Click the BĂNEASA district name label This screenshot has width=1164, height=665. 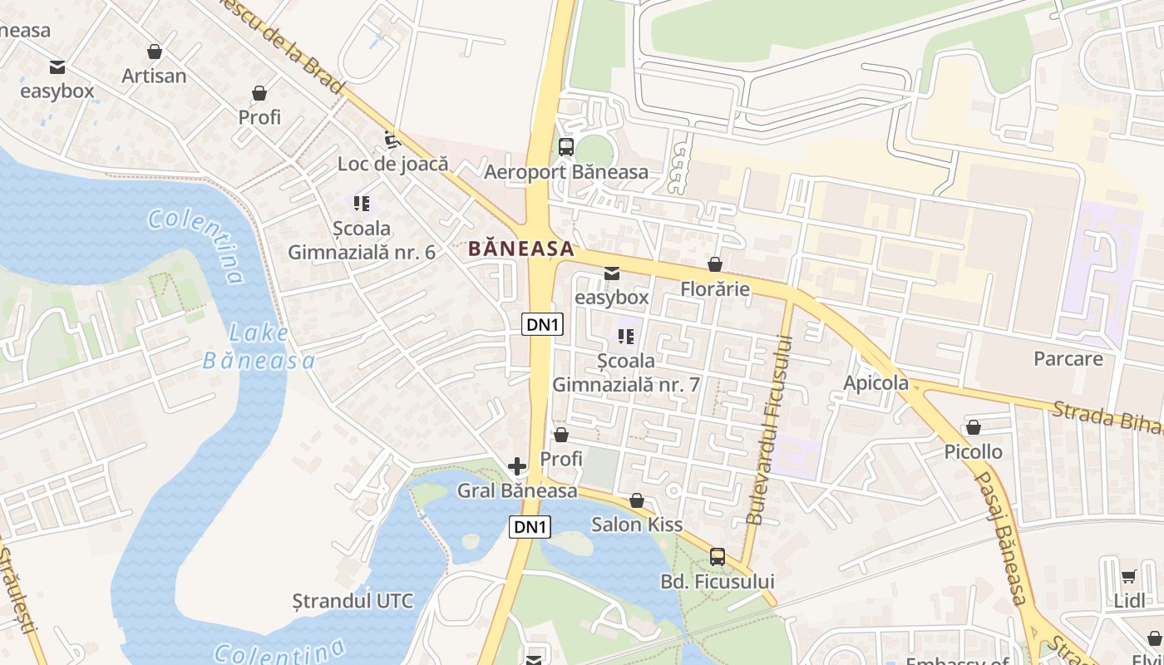pos(521,248)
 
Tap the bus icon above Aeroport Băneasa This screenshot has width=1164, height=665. pos(566,147)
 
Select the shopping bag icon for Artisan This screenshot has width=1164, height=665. pos(154,52)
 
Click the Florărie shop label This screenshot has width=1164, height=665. pos(715,289)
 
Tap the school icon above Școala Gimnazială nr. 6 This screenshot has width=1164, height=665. pos(361,203)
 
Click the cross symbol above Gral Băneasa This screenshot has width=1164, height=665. pos(517,466)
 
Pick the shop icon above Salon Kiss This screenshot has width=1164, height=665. pos(637,500)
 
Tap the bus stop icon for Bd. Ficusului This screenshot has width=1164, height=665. pos(718,557)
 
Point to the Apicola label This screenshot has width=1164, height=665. pos(876,383)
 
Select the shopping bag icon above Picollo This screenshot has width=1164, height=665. pos(974,427)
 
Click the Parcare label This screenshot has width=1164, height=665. pos(1068,359)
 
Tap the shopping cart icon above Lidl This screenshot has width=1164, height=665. pos(1128,576)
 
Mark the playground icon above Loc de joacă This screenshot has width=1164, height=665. pos(389,139)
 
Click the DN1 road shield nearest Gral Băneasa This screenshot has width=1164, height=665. pos(530,527)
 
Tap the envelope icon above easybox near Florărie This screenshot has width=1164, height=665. pos(612,273)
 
